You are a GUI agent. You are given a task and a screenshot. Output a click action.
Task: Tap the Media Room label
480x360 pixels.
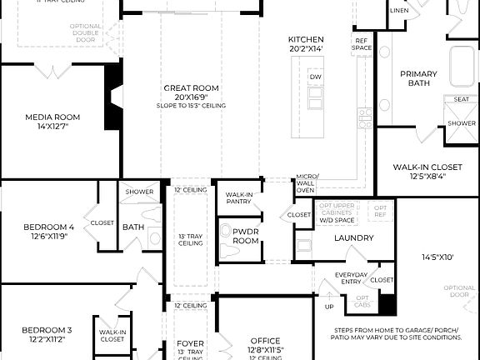52,117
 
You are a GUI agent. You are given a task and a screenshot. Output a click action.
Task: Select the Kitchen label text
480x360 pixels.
306,40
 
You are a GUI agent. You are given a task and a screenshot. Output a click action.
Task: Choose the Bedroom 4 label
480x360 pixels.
48,227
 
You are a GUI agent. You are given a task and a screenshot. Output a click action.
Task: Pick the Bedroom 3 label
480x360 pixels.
47,330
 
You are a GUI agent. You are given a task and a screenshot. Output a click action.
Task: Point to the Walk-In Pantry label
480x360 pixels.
239,197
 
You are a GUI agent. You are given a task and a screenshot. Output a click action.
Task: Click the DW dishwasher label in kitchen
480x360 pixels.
315,77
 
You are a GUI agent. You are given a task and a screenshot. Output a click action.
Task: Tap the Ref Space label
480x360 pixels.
361,44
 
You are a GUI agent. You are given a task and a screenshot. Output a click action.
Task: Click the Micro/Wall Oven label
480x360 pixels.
306,183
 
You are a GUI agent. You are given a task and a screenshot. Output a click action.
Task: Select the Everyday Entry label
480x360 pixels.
351,278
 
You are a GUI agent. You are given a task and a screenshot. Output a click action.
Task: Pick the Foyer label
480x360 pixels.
190,343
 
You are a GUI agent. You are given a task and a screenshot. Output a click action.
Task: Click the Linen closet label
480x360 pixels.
399,11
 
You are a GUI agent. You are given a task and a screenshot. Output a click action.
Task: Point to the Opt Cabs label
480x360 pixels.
362,301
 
